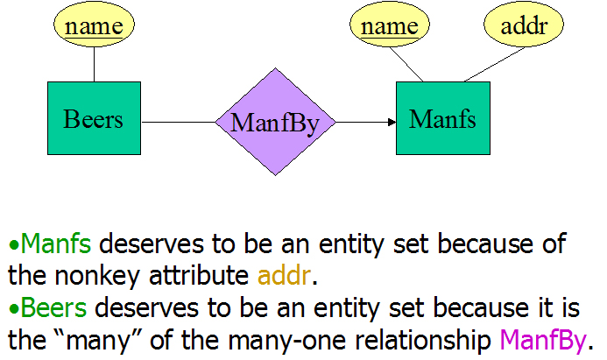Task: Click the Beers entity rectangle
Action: click(94, 118)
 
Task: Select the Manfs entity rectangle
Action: click(443, 118)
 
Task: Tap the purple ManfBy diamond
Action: click(275, 122)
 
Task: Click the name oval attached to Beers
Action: click(94, 25)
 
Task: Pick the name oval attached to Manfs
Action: click(390, 25)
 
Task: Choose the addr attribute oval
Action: click(524, 25)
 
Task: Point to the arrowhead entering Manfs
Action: click(392, 123)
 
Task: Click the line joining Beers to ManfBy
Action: click(179, 123)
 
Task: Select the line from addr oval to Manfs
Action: click(494, 65)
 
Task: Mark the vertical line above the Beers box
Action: click(94, 64)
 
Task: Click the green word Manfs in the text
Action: click(56, 244)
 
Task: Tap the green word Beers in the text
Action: click(53, 307)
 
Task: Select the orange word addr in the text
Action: click(284, 275)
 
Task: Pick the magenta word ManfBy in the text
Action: click(543, 341)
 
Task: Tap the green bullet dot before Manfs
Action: click(13, 245)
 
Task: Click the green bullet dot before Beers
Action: click(13, 309)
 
